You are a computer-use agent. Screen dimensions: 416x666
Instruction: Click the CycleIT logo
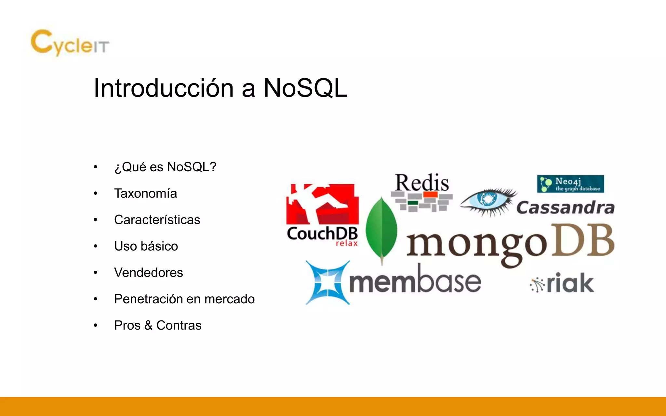point(70,43)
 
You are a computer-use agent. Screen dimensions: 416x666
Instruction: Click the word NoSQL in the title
point(305,88)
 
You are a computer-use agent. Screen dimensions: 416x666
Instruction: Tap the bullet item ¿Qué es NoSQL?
point(165,167)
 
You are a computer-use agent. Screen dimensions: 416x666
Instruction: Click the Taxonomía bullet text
point(145,193)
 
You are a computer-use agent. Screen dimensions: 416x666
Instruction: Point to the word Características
point(157,220)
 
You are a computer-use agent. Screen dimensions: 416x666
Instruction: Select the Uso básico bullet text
point(146,246)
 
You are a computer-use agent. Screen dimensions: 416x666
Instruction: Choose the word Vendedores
point(148,272)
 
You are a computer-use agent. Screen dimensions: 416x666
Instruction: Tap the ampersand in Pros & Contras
point(148,325)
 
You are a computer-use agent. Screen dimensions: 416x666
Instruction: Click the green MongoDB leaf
point(381,229)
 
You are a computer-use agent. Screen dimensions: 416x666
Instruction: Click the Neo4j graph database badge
point(570,184)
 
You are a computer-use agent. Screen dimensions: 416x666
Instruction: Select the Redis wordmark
point(422,183)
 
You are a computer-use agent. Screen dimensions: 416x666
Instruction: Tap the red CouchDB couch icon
point(322,204)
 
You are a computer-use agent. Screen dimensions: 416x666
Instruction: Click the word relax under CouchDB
point(347,243)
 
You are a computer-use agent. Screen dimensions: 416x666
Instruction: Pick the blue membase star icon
point(327,282)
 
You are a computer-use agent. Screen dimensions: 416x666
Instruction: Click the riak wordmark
point(570,283)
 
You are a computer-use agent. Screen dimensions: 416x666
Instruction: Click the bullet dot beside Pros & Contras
point(95,325)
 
